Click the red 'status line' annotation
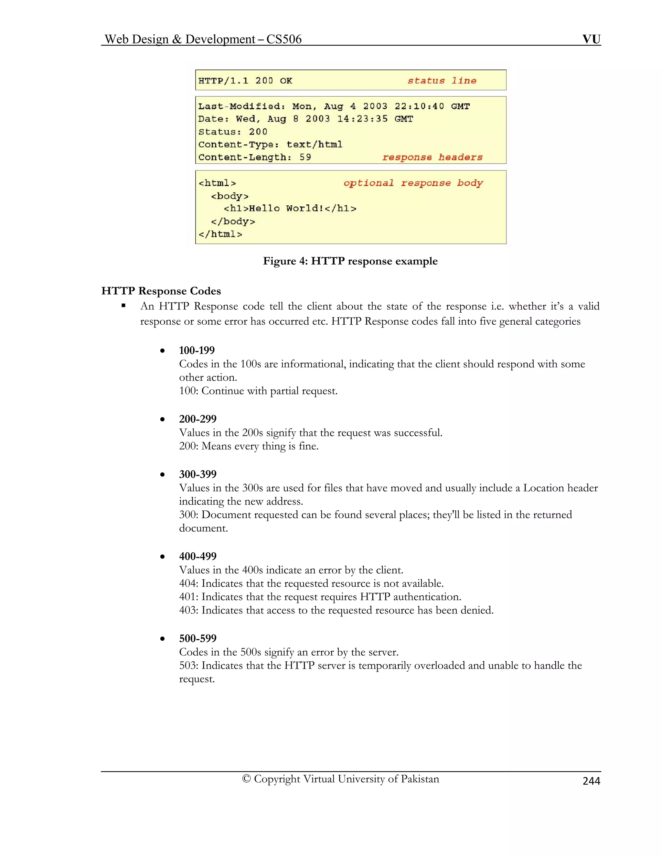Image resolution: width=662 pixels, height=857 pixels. [x=442, y=81]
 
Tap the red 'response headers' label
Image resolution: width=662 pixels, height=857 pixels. [x=432, y=157]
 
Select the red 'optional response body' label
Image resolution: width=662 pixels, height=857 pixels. [x=413, y=183]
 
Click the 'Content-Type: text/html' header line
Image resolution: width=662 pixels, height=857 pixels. [x=270, y=145]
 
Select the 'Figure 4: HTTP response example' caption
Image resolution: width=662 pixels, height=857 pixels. [x=350, y=261]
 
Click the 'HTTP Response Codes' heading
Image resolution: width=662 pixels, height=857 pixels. [x=161, y=291]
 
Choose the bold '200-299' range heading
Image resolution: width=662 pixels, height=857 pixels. [x=198, y=419]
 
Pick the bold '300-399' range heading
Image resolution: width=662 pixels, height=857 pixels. [x=198, y=474]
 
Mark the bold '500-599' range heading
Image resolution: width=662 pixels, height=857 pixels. [x=198, y=638]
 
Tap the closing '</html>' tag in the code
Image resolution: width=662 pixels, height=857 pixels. [x=220, y=234]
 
